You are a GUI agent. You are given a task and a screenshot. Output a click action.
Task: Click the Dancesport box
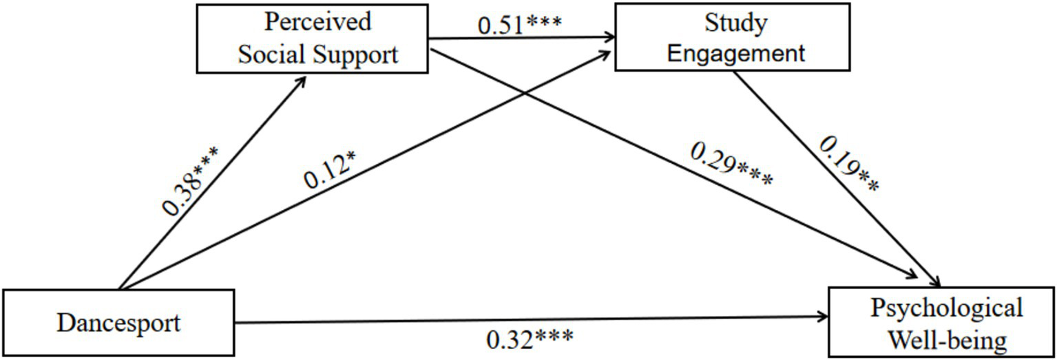118,322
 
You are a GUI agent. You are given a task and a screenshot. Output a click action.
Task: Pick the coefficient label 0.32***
530,339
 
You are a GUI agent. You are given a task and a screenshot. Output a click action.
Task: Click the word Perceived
318,21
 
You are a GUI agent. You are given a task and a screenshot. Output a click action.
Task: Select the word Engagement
735,53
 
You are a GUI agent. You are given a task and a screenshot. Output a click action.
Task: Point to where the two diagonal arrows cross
527,96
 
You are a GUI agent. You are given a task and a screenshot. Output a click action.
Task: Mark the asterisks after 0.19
866,180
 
